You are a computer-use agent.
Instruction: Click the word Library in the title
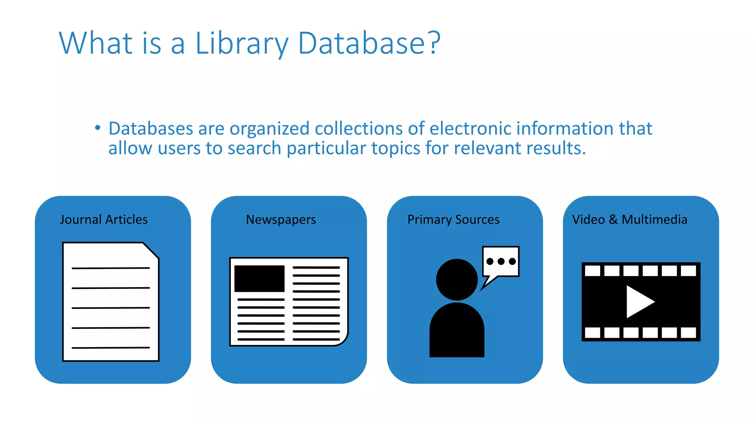pyautogui.click(x=242, y=43)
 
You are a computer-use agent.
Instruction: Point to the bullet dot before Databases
pyautogui.click(x=98, y=128)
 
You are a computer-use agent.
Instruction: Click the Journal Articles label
pyautogui.click(x=104, y=219)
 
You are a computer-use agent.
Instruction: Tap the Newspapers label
pyautogui.click(x=281, y=220)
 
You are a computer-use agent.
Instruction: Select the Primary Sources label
pyautogui.click(x=453, y=220)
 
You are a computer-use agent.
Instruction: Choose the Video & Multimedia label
pyautogui.click(x=630, y=219)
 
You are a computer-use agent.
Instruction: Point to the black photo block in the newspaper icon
pyautogui.click(x=260, y=278)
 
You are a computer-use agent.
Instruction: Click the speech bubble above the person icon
pyautogui.click(x=501, y=261)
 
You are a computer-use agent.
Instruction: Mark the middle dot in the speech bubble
pyautogui.click(x=501, y=261)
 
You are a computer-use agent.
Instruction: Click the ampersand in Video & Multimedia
pyautogui.click(x=613, y=219)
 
